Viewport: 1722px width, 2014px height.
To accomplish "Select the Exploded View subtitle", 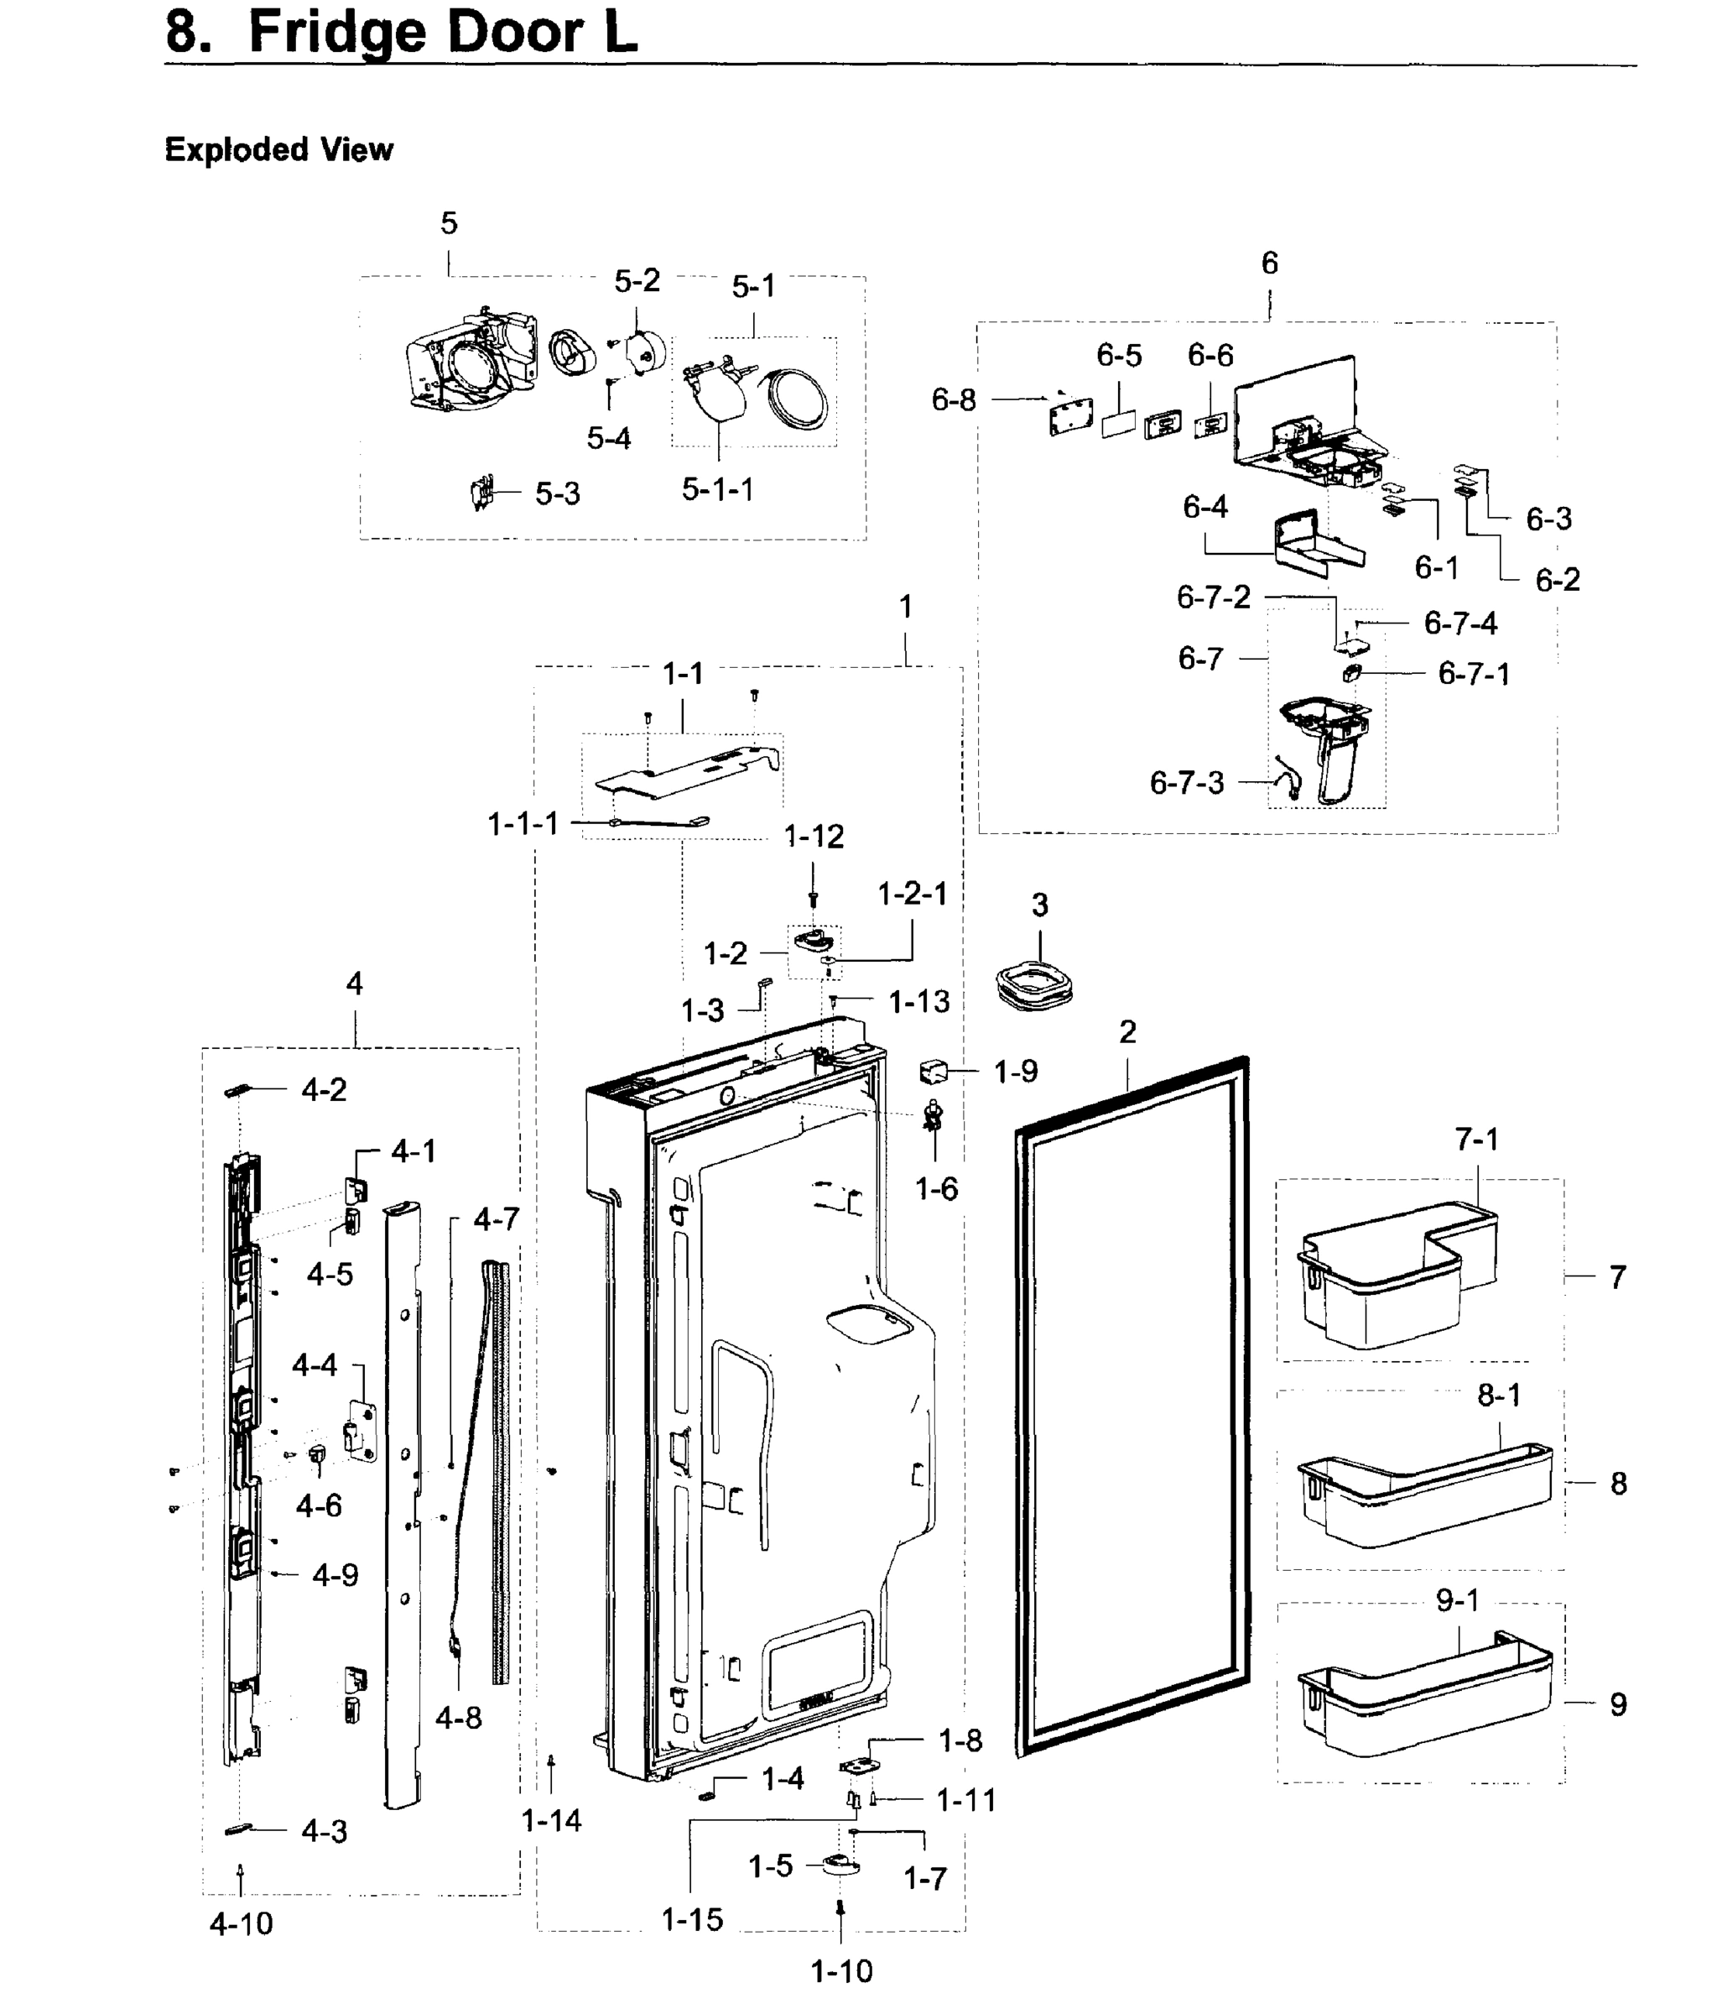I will pyautogui.click(x=279, y=149).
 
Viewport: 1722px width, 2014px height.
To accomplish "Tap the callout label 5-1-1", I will pyautogui.click(x=717, y=489).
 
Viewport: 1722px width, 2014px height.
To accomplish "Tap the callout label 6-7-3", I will pyautogui.click(x=1187, y=782).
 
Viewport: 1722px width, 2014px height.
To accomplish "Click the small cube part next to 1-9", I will pyautogui.click(x=932, y=1072).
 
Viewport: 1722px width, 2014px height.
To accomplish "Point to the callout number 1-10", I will pyautogui.click(x=841, y=1971).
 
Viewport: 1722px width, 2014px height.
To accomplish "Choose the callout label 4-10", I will pyautogui.click(x=241, y=1923).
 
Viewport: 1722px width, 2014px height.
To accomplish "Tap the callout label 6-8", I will pyautogui.click(x=954, y=399).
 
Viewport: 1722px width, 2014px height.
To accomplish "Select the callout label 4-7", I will pyautogui.click(x=497, y=1219).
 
